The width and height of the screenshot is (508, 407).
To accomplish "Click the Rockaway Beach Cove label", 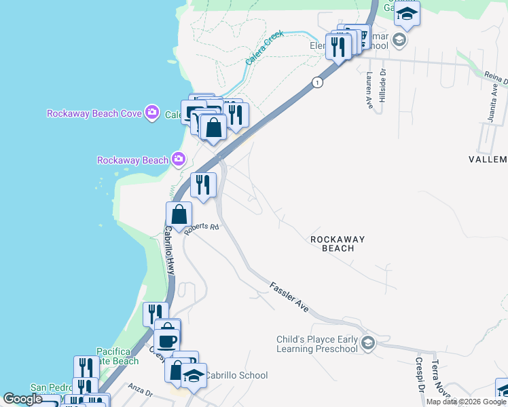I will click(x=94, y=113).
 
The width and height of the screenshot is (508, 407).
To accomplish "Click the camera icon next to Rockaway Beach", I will click(x=178, y=160).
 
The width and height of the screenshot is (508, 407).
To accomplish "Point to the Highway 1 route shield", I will click(x=317, y=82).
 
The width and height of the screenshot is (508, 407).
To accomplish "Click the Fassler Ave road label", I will click(x=289, y=297).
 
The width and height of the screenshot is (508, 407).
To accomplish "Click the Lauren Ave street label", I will click(x=369, y=91).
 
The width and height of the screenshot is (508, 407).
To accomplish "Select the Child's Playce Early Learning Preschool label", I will click(x=316, y=344).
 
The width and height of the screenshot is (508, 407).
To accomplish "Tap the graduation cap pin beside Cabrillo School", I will click(x=194, y=376).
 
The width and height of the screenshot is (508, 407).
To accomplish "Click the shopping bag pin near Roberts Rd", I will click(x=178, y=214).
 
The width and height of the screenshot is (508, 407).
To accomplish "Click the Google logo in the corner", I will click(x=22, y=399).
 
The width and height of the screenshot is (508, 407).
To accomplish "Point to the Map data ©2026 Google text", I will click(x=467, y=402).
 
